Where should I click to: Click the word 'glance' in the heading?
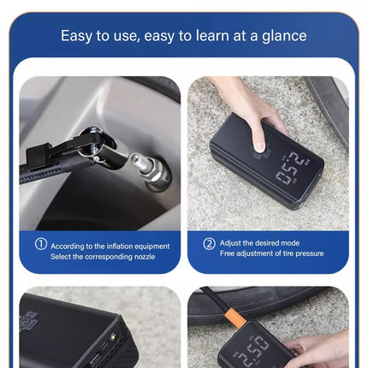click(284, 36)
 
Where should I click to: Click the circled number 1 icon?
click(41, 244)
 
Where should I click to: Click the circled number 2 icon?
click(209, 244)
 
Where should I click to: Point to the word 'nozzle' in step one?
click(145, 257)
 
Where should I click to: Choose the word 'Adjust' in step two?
click(230, 243)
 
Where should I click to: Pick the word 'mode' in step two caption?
click(290, 243)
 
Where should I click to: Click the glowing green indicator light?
click(113, 336)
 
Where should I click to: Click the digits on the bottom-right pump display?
click(253, 350)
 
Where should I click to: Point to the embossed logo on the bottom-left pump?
click(28, 321)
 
